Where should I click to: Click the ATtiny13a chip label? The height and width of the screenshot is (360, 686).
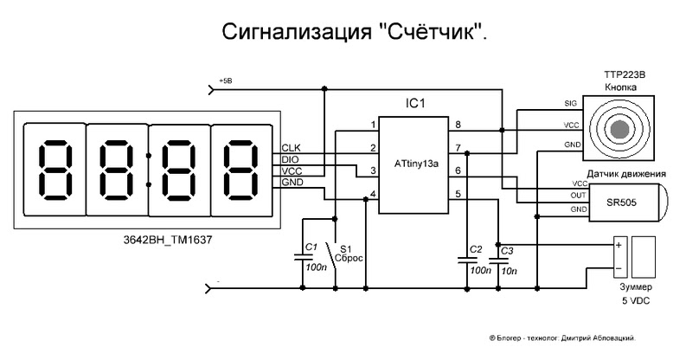pyautogui.click(x=416, y=164)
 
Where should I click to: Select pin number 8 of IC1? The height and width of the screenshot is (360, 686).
pyautogui.click(x=458, y=125)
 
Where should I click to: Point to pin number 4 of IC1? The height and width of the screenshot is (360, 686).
pyautogui.click(x=373, y=194)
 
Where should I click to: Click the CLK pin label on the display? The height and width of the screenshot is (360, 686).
pyautogui.click(x=291, y=148)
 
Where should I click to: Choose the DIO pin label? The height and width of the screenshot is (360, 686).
pyautogui.click(x=290, y=159)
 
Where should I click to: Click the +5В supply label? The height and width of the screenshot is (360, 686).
pyautogui.click(x=225, y=81)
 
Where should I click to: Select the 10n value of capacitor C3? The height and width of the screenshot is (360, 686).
pyautogui.click(x=509, y=271)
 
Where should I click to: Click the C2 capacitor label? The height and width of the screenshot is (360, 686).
pyautogui.click(x=476, y=249)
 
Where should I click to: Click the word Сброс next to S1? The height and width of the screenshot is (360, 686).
pyautogui.click(x=349, y=258)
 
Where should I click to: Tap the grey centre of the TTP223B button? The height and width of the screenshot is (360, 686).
pyautogui.click(x=619, y=129)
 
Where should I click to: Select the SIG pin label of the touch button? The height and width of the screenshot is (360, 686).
pyautogui.click(x=570, y=104)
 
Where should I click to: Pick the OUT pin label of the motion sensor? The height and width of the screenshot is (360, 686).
pyautogui.click(x=578, y=196)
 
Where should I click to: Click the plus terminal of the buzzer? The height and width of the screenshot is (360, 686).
pyautogui.click(x=619, y=246)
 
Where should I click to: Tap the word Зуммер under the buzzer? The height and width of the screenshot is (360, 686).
pyautogui.click(x=636, y=287)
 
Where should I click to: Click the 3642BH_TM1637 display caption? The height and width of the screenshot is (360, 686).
pyautogui.click(x=168, y=240)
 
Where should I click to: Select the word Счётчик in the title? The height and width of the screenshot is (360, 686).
pyautogui.click(x=427, y=32)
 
